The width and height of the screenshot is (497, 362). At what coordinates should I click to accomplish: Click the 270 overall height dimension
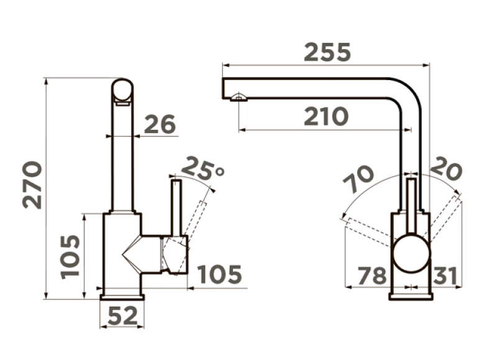pos(32,185)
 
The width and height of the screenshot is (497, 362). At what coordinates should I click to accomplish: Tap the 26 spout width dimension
pos(160,124)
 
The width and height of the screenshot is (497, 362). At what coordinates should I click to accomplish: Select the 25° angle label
pos(203,167)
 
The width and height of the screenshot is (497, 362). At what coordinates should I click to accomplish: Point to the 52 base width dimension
pos(122,315)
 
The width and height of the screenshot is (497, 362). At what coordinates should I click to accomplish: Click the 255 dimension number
pos(327,52)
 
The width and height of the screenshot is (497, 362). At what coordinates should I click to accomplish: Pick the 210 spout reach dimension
pos(326,117)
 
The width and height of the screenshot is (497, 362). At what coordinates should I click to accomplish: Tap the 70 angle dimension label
pos(358,179)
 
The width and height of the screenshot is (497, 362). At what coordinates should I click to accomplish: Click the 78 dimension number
pos(372,275)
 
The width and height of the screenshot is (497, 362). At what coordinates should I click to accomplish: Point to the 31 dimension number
pos(444,275)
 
